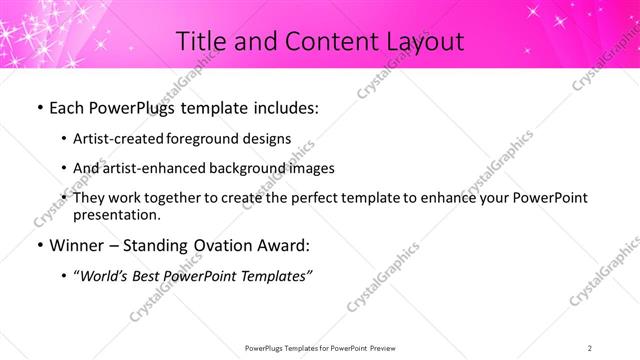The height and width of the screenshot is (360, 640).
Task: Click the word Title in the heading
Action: pos(199,41)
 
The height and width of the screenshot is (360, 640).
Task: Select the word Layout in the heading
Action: pos(422,41)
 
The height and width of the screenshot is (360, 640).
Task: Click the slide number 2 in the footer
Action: pos(590,347)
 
